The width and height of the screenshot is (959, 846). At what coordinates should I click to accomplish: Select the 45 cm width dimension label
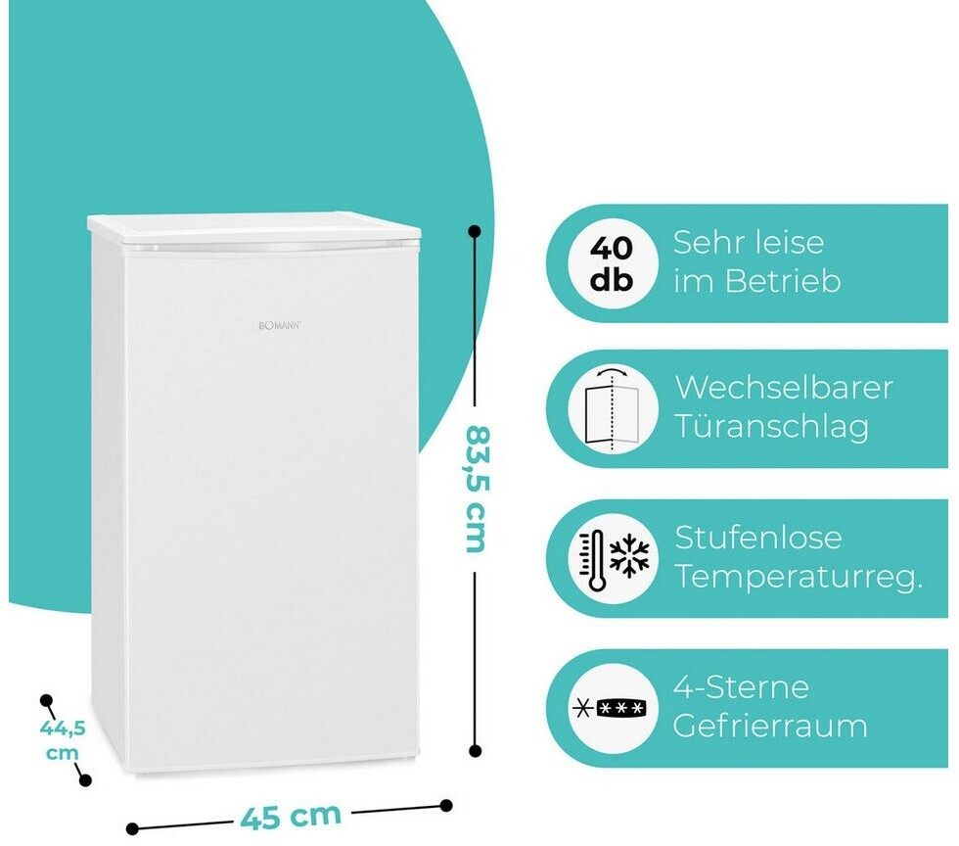291,814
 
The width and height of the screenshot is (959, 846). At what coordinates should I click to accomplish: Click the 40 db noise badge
612,262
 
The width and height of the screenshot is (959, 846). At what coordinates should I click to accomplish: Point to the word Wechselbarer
784,388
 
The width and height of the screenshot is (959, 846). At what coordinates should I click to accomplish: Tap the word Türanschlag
771,428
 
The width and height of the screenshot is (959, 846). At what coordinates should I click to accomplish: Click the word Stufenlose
758,538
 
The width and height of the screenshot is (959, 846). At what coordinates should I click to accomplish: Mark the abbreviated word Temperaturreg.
799,578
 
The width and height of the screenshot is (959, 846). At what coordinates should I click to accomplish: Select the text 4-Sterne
741,686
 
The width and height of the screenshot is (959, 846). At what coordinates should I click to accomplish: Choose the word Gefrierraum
770,727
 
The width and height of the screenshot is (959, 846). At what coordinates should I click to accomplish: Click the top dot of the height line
475,232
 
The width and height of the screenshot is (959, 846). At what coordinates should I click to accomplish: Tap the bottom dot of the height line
476,751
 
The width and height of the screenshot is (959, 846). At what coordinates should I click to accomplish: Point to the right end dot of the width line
446,805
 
